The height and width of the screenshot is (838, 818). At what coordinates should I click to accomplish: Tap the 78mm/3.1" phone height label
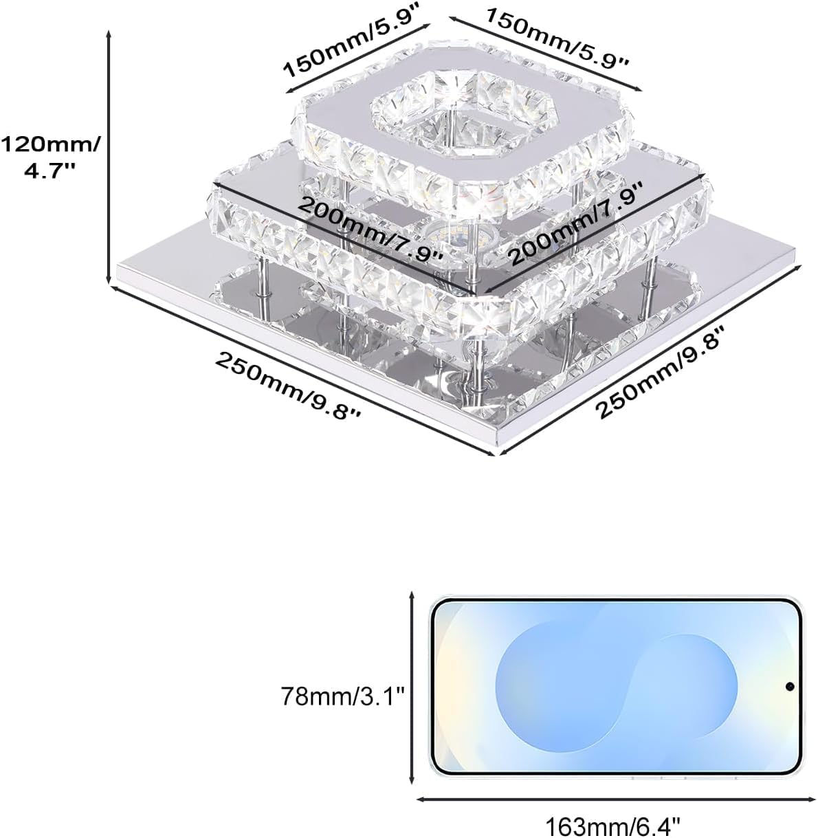[x=343, y=696]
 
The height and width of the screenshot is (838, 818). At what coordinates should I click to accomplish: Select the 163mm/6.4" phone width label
[x=613, y=827]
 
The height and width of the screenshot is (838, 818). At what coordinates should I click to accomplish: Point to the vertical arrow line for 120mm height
[x=109, y=157]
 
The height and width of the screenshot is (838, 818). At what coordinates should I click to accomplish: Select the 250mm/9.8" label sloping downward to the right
[x=287, y=387]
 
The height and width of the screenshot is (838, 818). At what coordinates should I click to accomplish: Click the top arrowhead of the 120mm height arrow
[x=109, y=31]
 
